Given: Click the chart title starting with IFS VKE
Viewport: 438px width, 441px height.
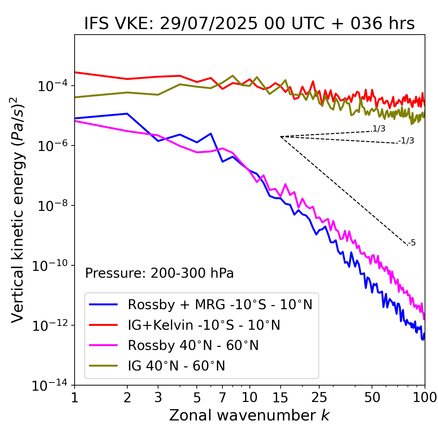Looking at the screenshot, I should pyautogui.click(x=249, y=24).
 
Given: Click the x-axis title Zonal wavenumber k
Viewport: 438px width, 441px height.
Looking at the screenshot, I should pyautogui.click(x=249, y=415).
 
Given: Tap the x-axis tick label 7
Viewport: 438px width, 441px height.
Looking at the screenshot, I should pyautogui.click(x=222, y=397).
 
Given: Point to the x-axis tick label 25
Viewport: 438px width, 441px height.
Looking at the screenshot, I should pyautogui.click(x=319, y=397).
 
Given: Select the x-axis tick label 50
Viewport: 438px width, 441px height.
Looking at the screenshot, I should pyautogui.click(x=372, y=397).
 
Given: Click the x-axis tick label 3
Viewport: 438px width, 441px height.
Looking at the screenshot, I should pyautogui.click(x=158, y=397).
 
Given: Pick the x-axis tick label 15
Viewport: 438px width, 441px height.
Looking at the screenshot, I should pyautogui.click(x=280, y=397).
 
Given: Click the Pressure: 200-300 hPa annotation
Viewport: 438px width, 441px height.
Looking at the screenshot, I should pyautogui.click(x=159, y=273).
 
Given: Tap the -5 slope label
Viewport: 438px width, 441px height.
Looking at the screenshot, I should pyautogui.click(x=412, y=243).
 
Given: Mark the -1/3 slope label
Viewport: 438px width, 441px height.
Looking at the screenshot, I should pyautogui.click(x=406, y=141).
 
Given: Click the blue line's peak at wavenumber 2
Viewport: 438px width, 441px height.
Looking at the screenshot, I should pyautogui.click(x=127, y=114).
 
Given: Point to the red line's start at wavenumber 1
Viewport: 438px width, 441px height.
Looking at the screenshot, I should pyautogui.click(x=75, y=72).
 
